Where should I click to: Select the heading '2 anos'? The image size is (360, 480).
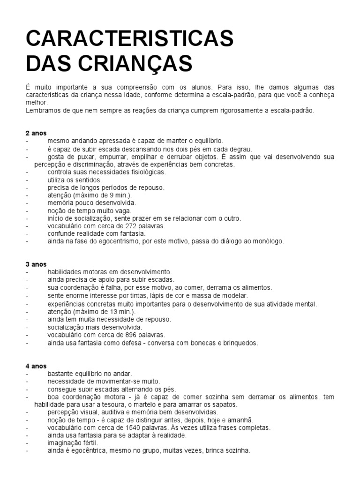point(36,133)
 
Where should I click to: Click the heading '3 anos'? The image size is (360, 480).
point(36,264)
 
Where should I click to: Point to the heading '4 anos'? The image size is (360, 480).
point(36,366)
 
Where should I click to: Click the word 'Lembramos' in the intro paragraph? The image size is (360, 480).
point(43,111)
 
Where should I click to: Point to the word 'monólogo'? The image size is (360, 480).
point(267,241)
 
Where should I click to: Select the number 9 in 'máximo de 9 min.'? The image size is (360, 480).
point(107,195)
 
